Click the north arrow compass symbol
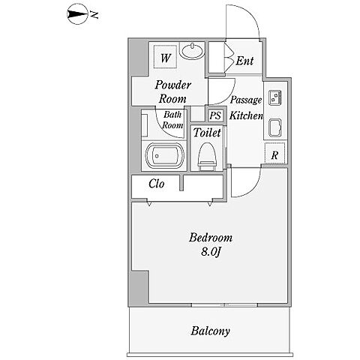point(77,14)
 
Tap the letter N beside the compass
point(94,15)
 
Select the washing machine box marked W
point(165,56)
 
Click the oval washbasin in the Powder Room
point(192,51)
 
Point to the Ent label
point(244,61)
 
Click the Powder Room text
point(172,91)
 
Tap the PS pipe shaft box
point(215,115)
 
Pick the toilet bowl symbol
point(207,156)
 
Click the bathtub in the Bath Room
point(165,156)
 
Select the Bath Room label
point(172,120)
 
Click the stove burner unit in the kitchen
point(275,97)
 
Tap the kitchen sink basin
point(275,127)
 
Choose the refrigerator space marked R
point(274,153)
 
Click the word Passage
point(246,100)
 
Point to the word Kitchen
point(246,115)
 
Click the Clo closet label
point(157,184)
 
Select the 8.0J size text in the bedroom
point(211,252)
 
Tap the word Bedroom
point(211,238)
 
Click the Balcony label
point(210,331)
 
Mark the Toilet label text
point(207,132)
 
